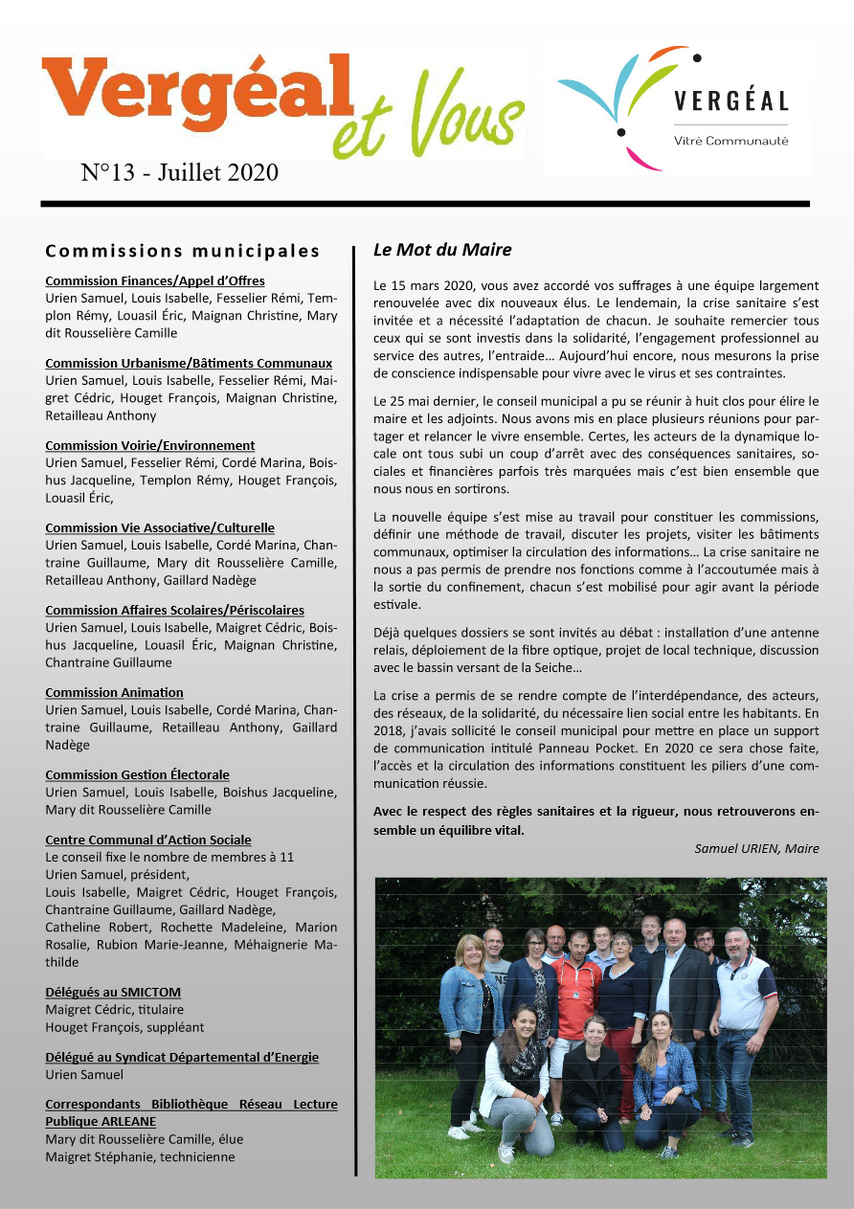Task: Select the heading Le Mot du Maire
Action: [442, 251]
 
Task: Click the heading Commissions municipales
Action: [183, 252]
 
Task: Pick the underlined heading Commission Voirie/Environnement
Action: [150, 445]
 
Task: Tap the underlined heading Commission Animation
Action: [114, 692]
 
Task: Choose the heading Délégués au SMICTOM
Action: [113, 992]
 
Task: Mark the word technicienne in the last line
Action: [197, 1156]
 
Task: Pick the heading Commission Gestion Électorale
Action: [137, 774]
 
